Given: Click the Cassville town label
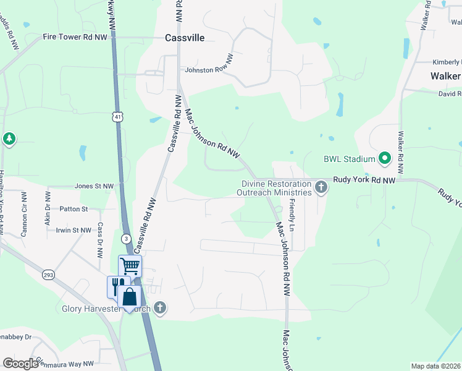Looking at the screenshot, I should (185, 38).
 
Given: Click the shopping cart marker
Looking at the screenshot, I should (130, 267).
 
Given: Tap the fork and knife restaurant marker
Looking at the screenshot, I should (116, 286).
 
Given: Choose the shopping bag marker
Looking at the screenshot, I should (130, 297).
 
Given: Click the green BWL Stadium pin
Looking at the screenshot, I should (385, 159).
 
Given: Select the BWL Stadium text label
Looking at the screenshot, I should (349, 159).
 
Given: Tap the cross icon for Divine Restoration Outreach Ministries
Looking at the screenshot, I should (321, 187).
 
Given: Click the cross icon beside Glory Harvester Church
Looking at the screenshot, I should (160, 308).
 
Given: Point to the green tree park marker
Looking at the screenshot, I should (9, 139).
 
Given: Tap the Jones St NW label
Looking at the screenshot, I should (94, 185).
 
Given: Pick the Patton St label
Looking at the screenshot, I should (74, 209).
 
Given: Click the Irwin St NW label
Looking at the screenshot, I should (73, 230).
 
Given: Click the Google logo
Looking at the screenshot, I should (21, 364).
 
